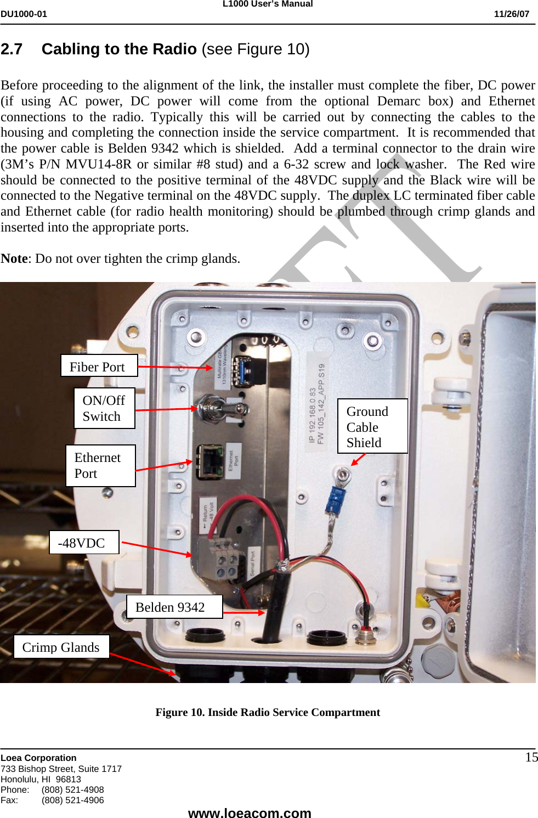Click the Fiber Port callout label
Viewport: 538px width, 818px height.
coord(99,366)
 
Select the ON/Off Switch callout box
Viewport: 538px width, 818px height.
coord(104,408)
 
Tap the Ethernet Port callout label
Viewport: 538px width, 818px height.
coord(100,465)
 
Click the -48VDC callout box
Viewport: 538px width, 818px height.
coord(84,543)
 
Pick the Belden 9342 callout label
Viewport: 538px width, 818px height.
coord(174,607)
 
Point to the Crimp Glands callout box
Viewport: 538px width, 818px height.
coord(61,647)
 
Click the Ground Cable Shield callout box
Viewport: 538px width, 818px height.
coord(372,426)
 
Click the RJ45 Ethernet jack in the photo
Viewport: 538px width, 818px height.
coord(209,461)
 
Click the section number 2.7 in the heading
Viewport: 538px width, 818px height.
coord(12,49)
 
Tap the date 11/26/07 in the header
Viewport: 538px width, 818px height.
coord(511,14)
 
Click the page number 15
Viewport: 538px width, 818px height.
coord(531,758)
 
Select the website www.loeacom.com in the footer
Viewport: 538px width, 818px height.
coord(250,813)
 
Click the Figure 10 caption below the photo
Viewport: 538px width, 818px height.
coord(268,712)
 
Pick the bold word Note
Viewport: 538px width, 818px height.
coord(14,258)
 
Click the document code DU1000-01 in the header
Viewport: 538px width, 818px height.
coord(24,14)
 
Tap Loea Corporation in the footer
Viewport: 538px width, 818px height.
coord(38,758)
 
